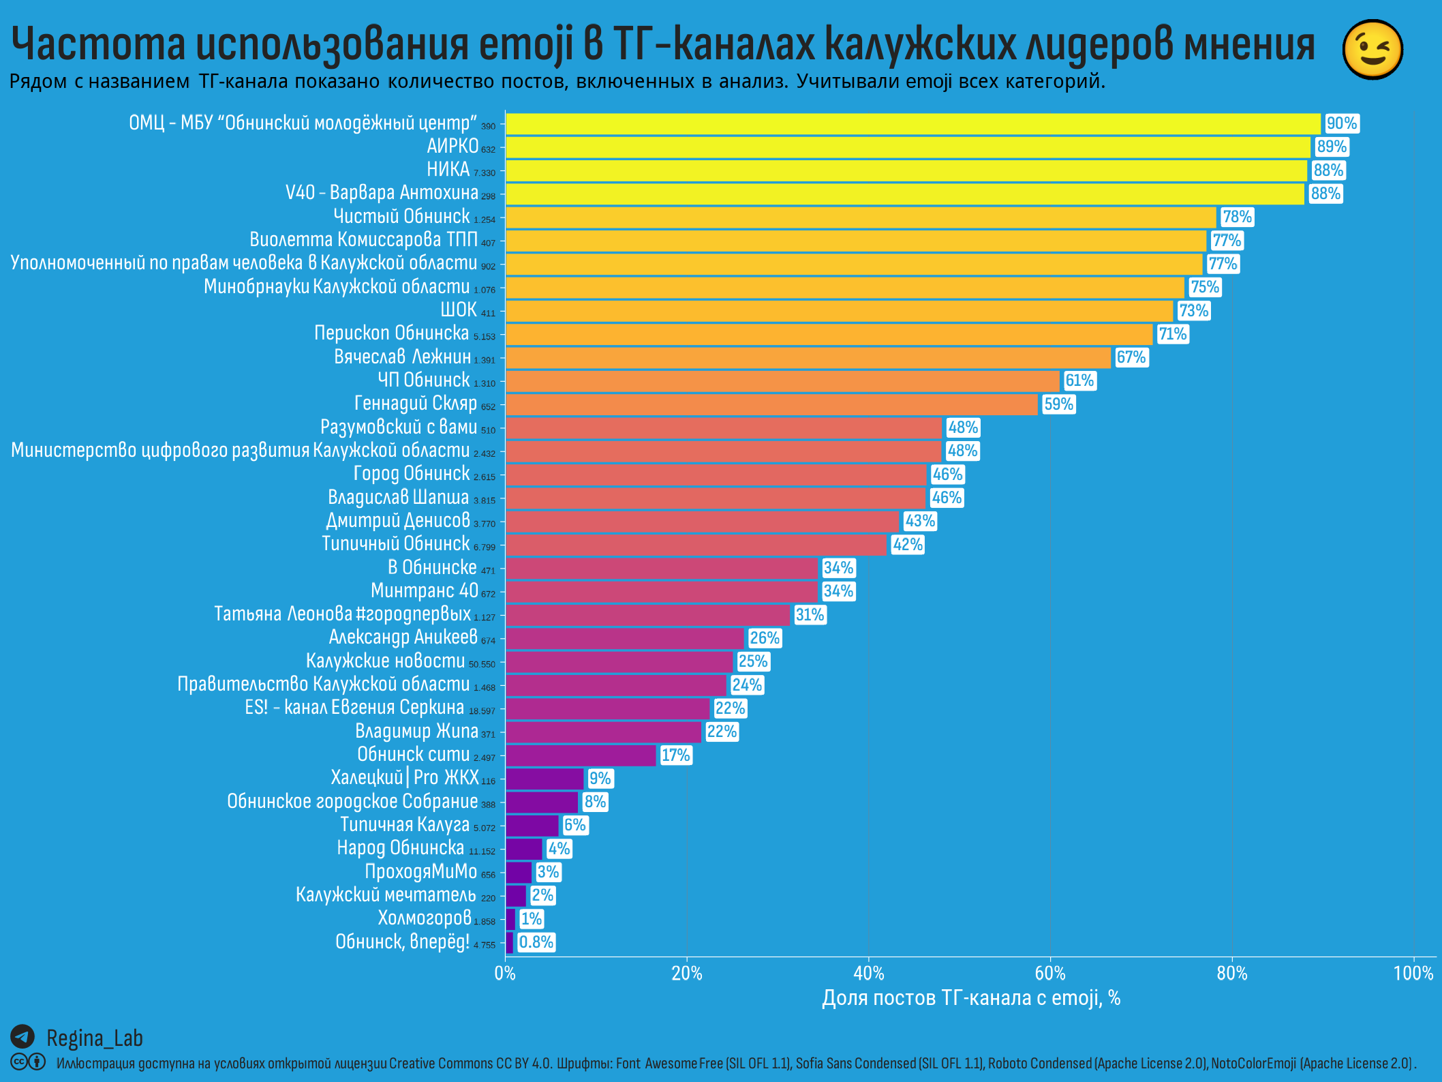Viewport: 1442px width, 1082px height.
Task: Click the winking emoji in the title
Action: click(x=1372, y=49)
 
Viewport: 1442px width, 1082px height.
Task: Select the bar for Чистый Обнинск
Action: click(x=860, y=217)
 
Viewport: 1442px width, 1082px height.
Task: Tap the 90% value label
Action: click(x=1341, y=123)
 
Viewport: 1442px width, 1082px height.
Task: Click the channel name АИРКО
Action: click(x=452, y=147)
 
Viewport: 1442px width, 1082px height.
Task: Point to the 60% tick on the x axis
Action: click(x=1050, y=973)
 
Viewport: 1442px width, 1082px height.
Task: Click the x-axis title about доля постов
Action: click(x=970, y=998)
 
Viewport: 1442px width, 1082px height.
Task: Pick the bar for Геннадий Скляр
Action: click(x=771, y=404)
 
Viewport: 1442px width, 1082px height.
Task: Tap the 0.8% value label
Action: click(x=536, y=942)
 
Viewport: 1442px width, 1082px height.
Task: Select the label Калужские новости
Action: click(x=385, y=661)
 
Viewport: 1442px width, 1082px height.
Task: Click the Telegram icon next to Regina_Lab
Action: click(x=22, y=1037)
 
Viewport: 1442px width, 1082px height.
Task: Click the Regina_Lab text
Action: click(x=95, y=1038)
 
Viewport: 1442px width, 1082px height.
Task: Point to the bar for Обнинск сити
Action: click(x=581, y=755)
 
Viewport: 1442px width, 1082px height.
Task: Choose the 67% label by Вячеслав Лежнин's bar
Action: click(x=1131, y=357)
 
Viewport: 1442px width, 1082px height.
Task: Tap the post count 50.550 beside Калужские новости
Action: click(x=482, y=664)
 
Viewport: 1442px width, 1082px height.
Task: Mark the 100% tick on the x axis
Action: click(x=1413, y=973)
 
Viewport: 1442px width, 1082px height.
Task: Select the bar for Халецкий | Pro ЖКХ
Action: click(x=544, y=779)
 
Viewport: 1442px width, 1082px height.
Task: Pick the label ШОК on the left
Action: click(x=458, y=310)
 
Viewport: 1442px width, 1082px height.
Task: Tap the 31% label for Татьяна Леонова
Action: click(x=810, y=615)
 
